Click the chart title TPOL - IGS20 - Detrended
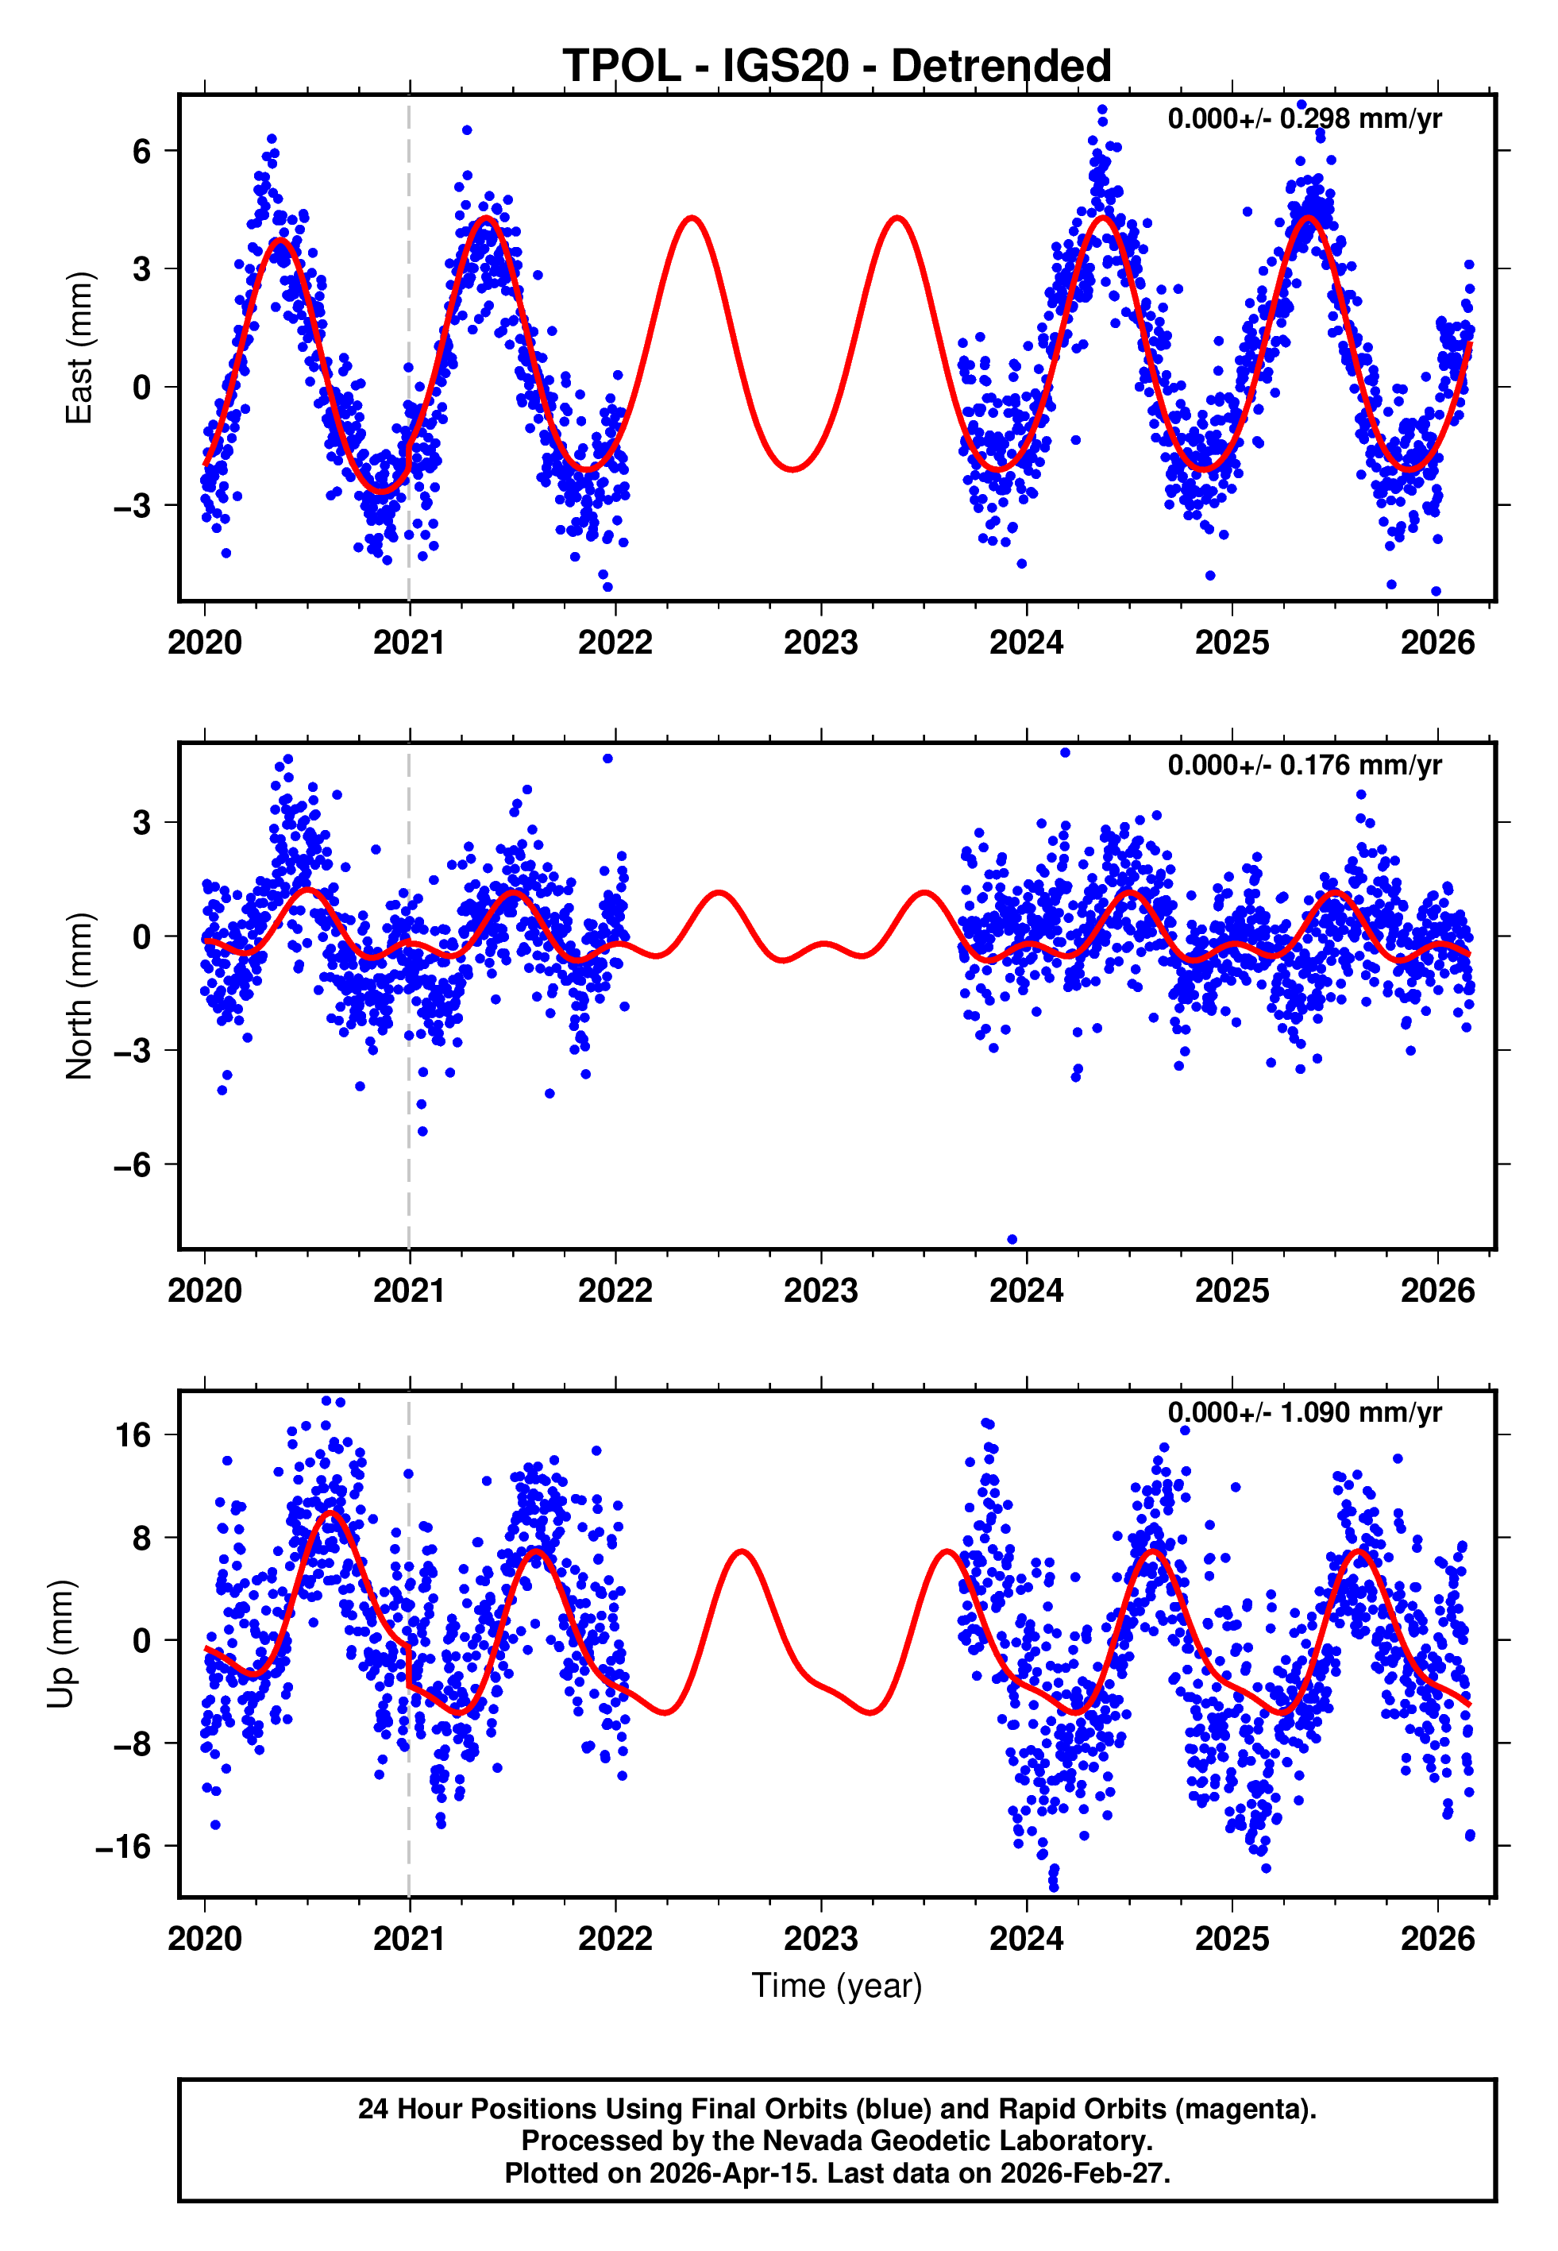click(x=837, y=67)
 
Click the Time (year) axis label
click(x=837, y=1986)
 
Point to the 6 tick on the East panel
click(x=142, y=151)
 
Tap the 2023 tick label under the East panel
click(x=820, y=643)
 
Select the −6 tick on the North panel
click(x=133, y=1164)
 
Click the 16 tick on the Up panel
click(x=133, y=1435)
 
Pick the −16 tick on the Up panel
click(x=124, y=1847)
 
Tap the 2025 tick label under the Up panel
click(x=1232, y=1939)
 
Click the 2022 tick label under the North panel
click(x=615, y=1292)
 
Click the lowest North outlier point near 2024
click(x=1012, y=1240)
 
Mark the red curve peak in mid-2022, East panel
click(x=692, y=218)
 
